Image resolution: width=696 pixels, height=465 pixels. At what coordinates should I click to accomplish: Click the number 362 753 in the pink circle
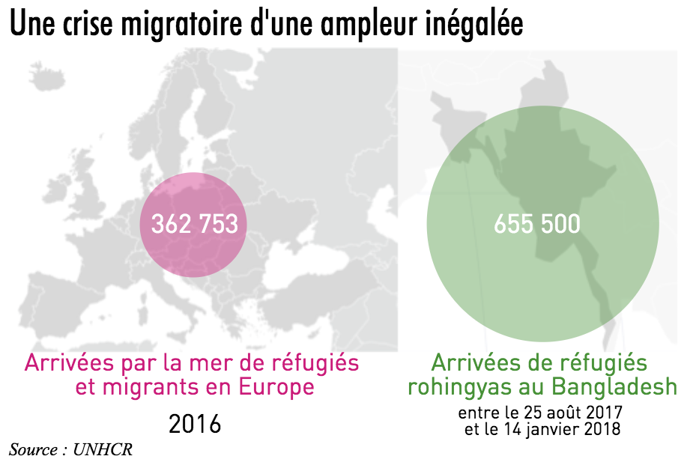click(195, 224)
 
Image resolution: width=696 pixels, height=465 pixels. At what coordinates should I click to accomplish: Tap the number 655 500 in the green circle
click(537, 224)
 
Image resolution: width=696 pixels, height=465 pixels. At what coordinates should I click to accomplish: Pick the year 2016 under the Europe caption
click(195, 424)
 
